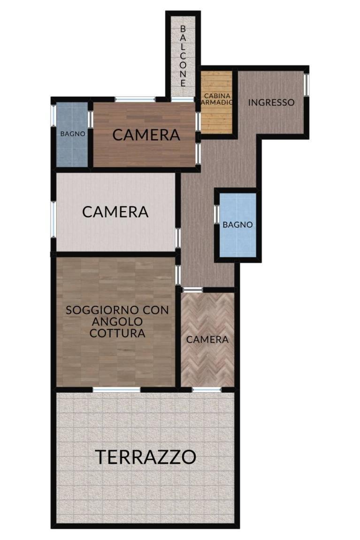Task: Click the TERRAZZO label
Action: coord(146,457)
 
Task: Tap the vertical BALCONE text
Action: coord(183,56)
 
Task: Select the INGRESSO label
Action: coord(271,102)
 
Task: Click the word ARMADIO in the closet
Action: coord(217,102)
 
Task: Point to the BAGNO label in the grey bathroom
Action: coord(72,134)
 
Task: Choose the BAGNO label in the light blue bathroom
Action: coord(237,225)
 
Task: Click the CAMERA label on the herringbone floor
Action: coord(207,340)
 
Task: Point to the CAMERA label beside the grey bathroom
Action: coord(146,135)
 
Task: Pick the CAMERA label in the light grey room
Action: coord(115,212)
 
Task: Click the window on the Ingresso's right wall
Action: coord(306,85)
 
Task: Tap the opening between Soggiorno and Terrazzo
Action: coord(117,389)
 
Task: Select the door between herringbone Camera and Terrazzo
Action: coord(207,389)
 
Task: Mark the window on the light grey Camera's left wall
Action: coord(54,219)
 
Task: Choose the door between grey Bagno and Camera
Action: coord(90,120)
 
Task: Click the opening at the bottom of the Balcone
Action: coord(183,99)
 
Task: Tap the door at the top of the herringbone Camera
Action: coord(192,289)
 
